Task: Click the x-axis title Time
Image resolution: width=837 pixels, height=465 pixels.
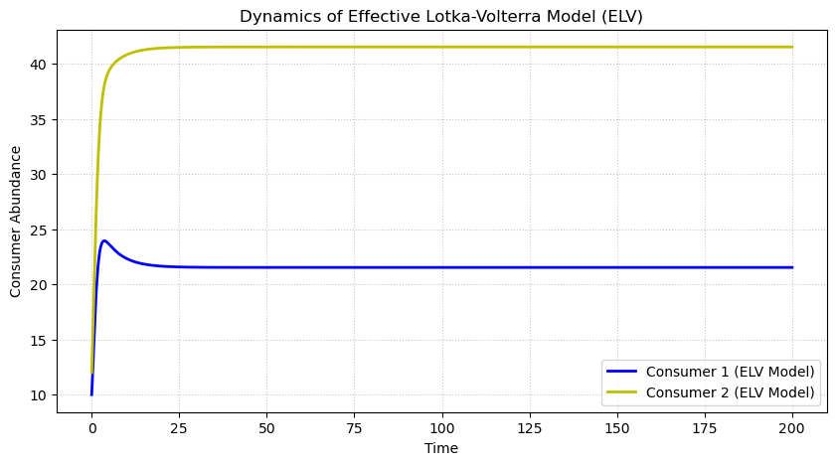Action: [x=441, y=448]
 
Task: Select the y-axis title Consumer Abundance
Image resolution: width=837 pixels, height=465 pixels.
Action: [x=16, y=221]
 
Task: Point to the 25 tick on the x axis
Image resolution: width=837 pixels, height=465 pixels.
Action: [x=179, y=429]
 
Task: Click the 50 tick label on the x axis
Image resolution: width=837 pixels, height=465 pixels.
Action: [x=266, y=429]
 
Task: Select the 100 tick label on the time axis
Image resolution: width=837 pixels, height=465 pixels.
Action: [x=441, y=429]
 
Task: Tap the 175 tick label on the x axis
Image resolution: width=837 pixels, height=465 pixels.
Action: [x=705, y=429]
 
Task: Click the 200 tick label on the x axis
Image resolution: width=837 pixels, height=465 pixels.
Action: [x=792, y=429]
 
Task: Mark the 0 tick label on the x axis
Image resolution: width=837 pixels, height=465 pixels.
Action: [x=91, y=429]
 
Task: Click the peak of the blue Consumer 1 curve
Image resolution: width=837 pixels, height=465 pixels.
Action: [x=104, y=240]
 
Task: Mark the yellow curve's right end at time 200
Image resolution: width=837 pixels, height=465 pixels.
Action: [x=792, y=47]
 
